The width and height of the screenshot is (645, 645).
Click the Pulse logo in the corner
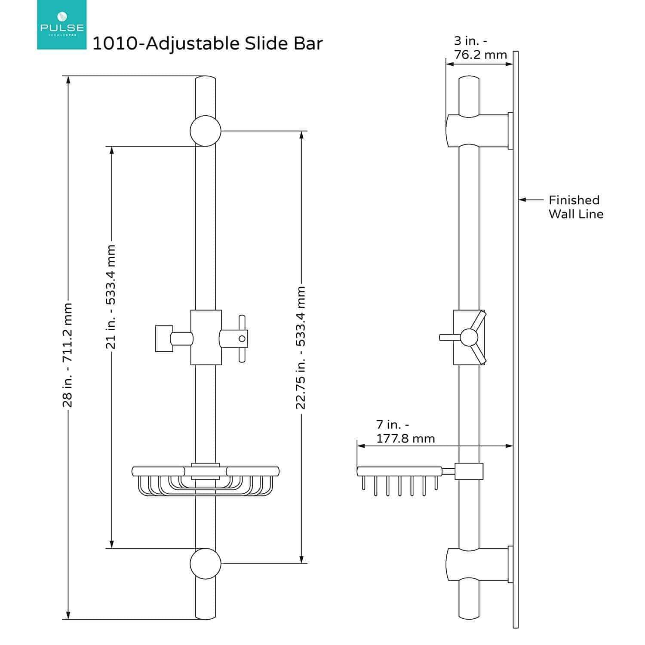[x=61, y=25]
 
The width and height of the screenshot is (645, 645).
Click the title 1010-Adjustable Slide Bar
[x=207, y=44]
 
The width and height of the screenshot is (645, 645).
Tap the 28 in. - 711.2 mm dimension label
[x=68, y=355]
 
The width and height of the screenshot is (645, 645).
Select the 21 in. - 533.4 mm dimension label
[x=111, y=297]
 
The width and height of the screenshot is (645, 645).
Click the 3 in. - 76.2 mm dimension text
[x=480, y=48]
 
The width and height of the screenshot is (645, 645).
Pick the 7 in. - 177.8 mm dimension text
[x=405, y=431]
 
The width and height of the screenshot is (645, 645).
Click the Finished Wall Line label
[x=575, y=207]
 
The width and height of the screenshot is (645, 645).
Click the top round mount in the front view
[x=206, y=131]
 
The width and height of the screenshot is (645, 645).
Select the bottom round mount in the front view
[x=206, y=563]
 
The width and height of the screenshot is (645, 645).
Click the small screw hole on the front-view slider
[x=242, y=338]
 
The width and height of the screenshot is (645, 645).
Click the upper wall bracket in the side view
[x=477, y=130]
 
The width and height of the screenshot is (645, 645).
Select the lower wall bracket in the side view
[x=477, y=564]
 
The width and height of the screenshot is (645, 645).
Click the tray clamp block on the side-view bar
[x=469, y=471]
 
